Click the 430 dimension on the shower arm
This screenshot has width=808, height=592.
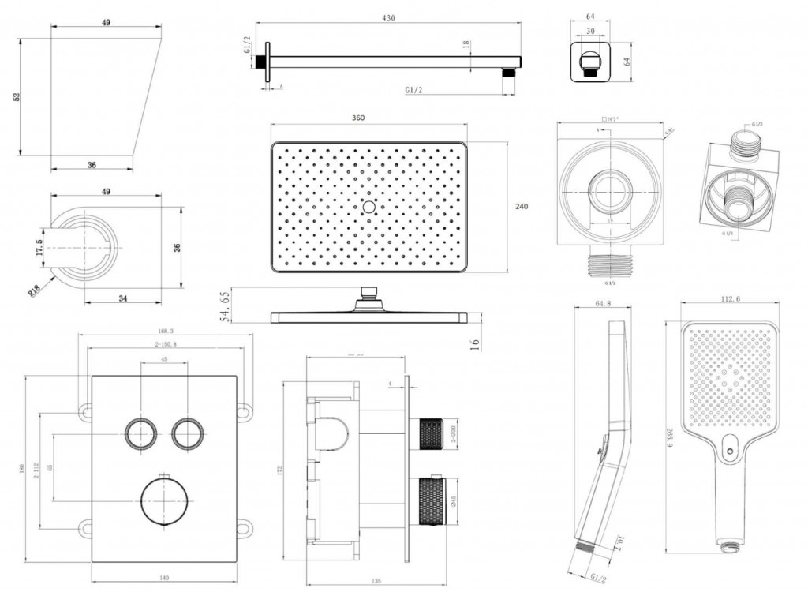(387, 17)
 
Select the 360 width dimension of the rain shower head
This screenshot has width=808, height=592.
(358, 118)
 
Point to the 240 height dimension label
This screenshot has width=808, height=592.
(521, 207)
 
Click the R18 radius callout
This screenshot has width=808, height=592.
(35, 291)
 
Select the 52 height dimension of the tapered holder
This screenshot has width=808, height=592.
(17, 96)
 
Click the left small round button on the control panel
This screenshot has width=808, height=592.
(140, 433)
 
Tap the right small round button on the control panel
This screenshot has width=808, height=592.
(188, 433)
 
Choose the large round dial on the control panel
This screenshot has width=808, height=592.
(164, 501)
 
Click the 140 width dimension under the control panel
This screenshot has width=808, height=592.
(163, 578)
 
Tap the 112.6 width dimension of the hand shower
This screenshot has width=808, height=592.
(730, 298)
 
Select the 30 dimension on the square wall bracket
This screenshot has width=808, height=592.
(591, 32)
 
